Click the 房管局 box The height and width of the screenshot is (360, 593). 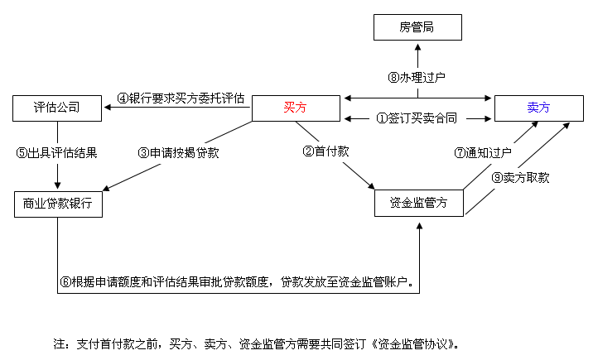417,27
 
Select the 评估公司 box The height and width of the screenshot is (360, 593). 57,108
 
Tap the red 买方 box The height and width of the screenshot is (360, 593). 296,108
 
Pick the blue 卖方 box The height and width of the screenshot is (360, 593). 539,108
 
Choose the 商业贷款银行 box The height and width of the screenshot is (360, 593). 58,204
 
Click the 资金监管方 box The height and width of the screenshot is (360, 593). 418,203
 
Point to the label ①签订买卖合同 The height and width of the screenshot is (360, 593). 417,118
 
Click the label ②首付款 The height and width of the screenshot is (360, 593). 325,151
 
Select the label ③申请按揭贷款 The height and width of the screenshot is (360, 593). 179,152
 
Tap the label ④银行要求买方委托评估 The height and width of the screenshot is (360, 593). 181,98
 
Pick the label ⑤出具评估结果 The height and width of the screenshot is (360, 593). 56,152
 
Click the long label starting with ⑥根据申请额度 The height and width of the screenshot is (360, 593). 237,282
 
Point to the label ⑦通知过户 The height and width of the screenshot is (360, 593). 483,152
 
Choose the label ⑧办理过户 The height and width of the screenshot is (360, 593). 417,78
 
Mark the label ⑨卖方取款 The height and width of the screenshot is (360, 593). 520,178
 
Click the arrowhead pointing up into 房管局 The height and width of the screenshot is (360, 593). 418,47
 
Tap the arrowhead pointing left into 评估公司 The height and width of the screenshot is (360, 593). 108,108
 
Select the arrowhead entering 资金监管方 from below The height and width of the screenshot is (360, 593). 419,226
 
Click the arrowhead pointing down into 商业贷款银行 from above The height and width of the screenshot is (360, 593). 57,185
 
